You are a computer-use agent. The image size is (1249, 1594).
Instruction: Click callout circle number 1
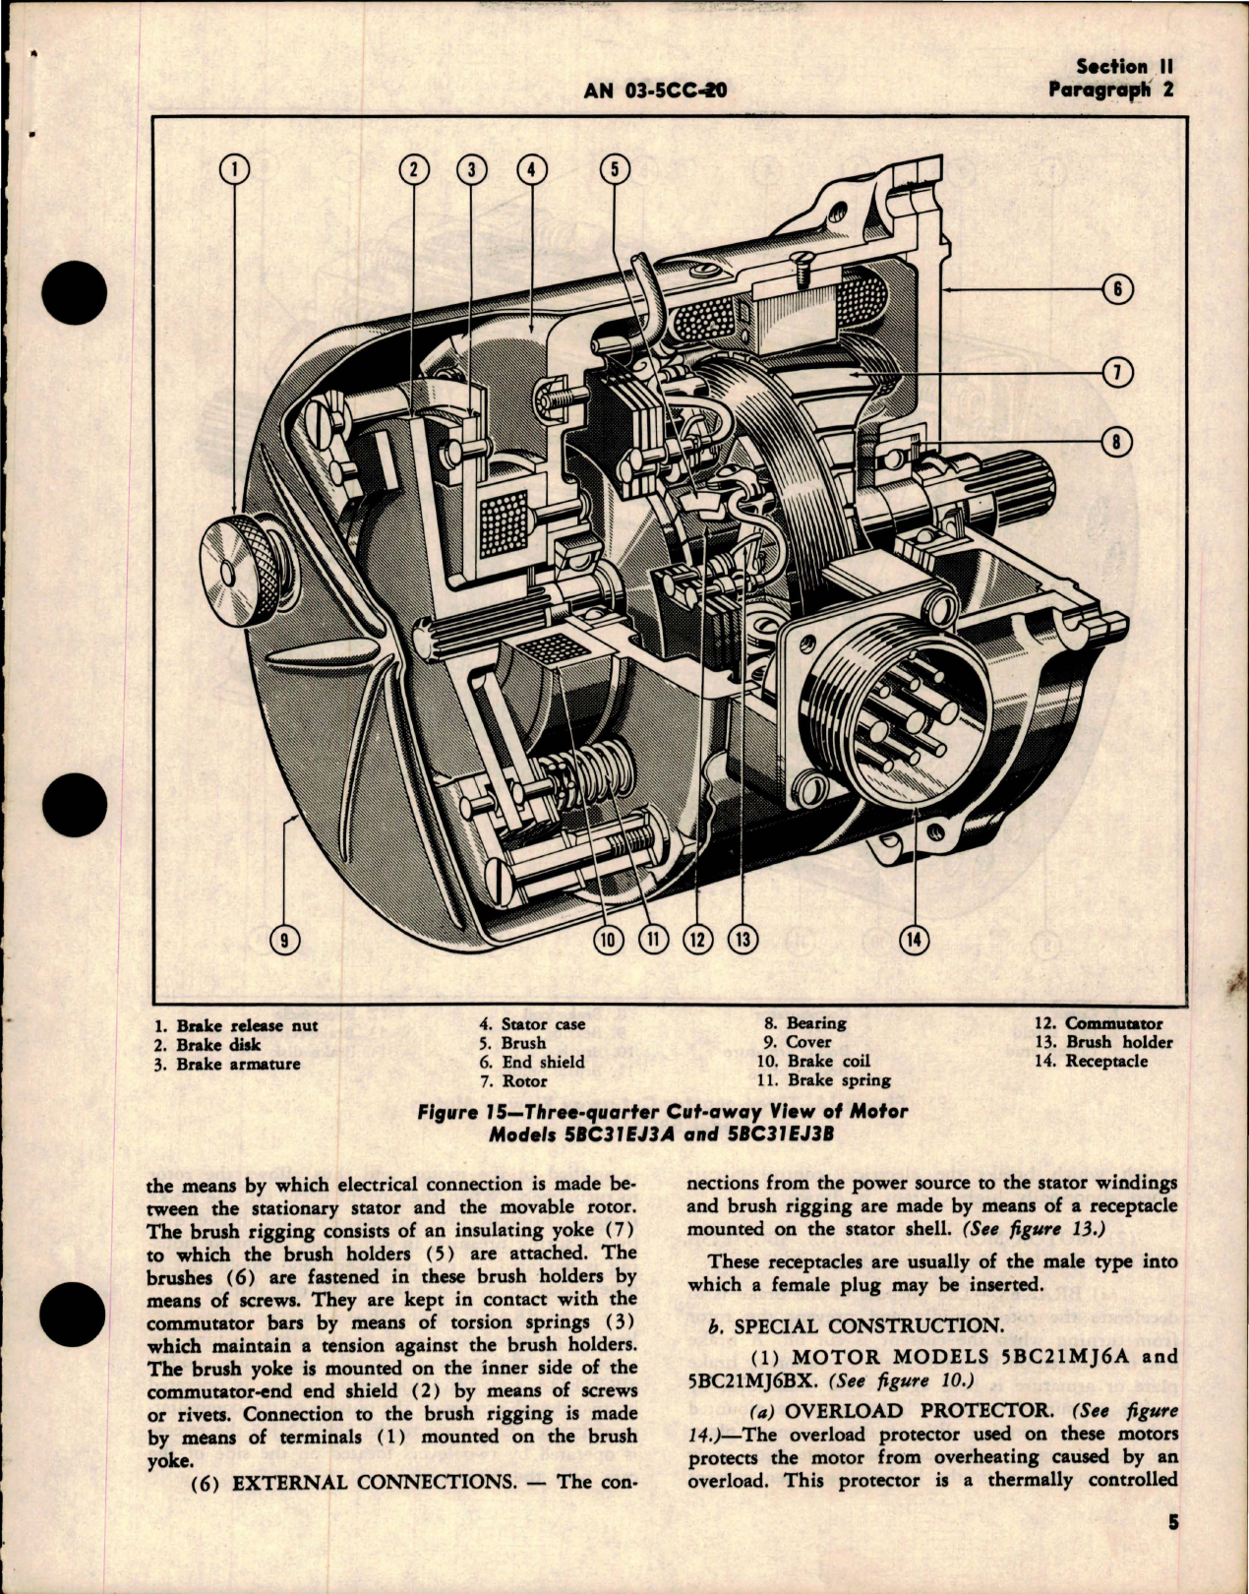235,169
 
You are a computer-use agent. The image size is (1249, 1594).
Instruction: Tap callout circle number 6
1119,290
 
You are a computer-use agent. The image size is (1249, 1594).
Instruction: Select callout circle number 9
284,940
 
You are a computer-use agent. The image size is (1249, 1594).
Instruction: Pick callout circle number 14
914,940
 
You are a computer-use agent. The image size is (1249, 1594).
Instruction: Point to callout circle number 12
697,940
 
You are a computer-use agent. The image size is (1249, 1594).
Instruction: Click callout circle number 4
530,169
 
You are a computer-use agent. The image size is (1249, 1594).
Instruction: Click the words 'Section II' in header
1111,67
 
